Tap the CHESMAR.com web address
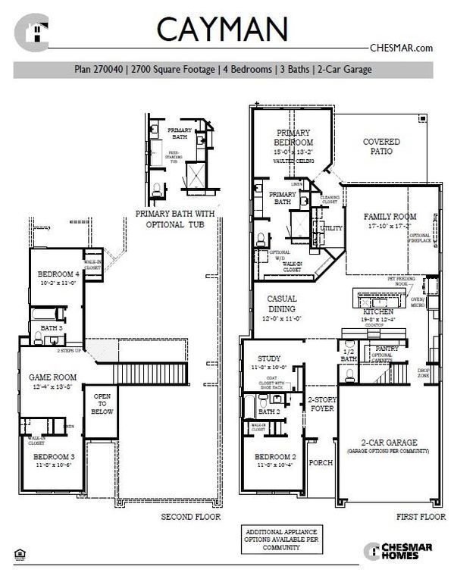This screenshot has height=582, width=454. click(401, 47)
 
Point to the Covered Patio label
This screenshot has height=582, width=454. click(381, 146)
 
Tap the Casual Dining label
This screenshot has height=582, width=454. click(281, 303)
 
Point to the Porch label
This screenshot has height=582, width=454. click(321, 462)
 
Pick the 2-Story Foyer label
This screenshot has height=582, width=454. click(321, 402)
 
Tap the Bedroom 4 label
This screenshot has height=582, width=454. click(58, 274)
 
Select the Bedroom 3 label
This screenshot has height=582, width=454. click(53, 457)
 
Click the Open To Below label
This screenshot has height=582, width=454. click(102, 405)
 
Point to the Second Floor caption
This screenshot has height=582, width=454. click(190, 517)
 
